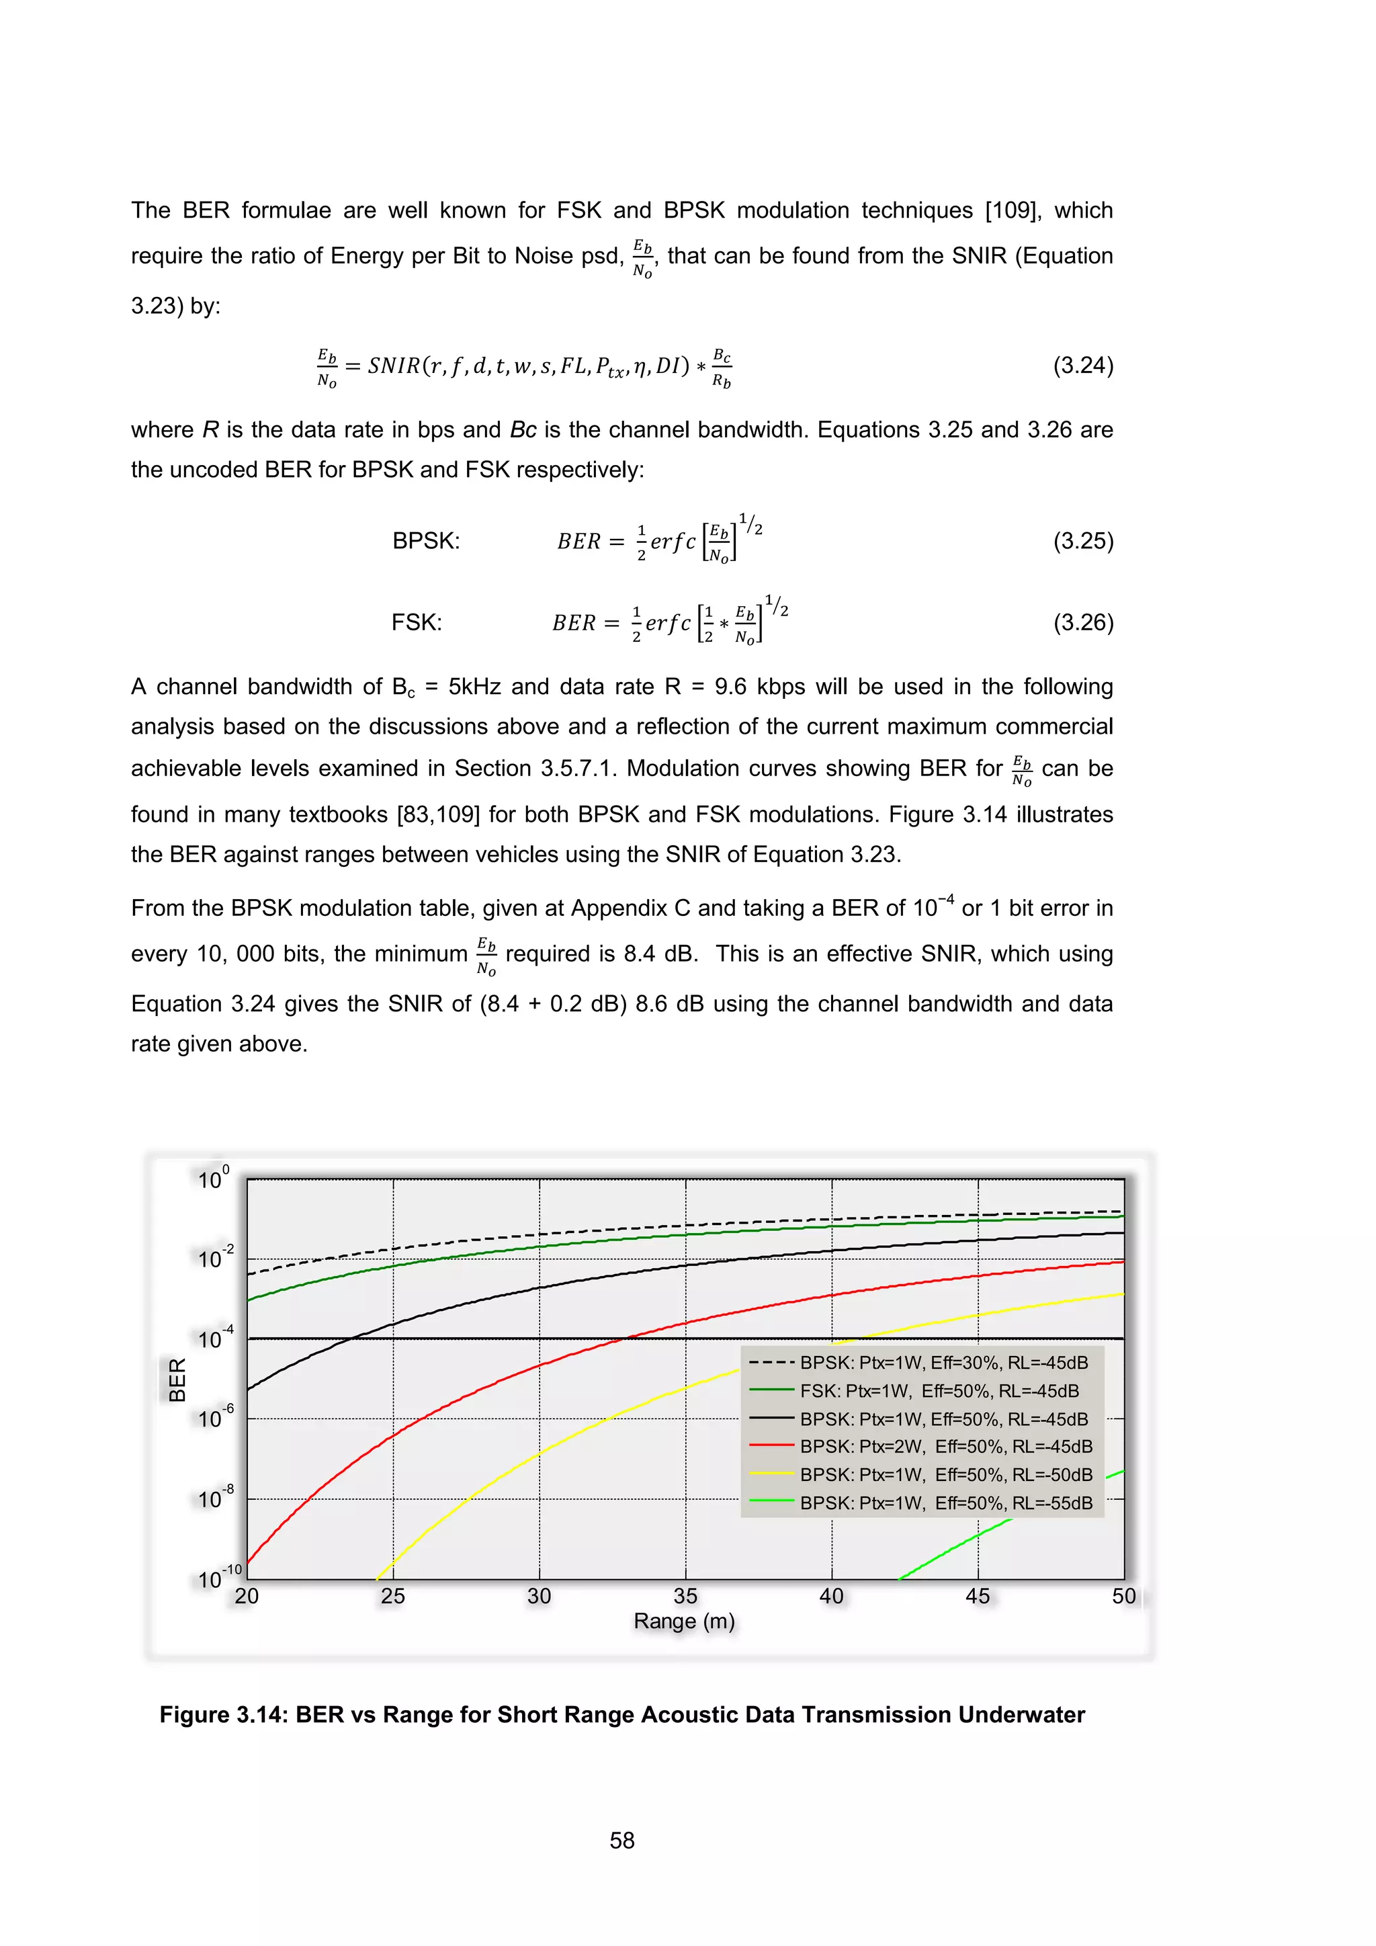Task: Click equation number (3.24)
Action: pyautogui.click(x=1083, y=366)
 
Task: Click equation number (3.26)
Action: pyautogui.click(x=1083, y=622)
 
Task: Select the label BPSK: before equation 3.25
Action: pyautogui.click(x=425, y=541)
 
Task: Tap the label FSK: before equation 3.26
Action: pyautogui.click(x=416, y=622)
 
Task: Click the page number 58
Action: pyautogui.click(x=622, y=1840)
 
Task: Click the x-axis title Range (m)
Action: pyautogui.click(x=684, y=1621)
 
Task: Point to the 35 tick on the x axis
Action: pyautogui.click(x=685, y=1597)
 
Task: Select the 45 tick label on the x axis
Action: pyautogui.click(x=977, y=1597)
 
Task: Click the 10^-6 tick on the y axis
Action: pyautogui.click(x=214, y=1418)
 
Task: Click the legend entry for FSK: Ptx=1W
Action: pyautogui.click(x=939, y=1391)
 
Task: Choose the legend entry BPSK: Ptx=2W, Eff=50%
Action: pyautogui.click(x=945, y=1447)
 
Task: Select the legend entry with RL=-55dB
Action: pyautogui.click(x=945, y=1503)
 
